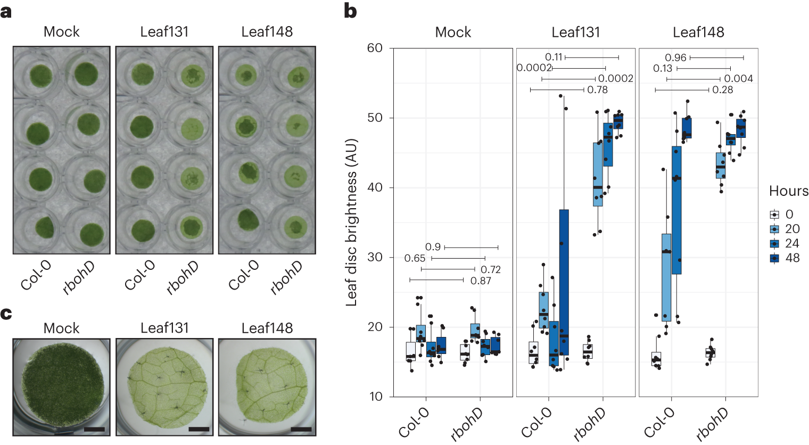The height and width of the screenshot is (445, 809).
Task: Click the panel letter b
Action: tap(350, 11)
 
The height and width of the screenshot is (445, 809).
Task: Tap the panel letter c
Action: tap(6, 314)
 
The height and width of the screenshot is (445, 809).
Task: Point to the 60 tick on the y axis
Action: tap(375, 48)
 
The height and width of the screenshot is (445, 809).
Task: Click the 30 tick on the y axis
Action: tap(375, 257)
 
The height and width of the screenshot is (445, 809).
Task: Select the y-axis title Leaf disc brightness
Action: tap(351, 222)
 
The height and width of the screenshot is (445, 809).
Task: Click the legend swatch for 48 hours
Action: tap(774, 258)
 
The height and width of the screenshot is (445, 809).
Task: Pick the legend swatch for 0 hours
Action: tap(774, 215)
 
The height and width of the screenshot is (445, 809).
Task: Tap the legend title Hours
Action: tap(788, 191)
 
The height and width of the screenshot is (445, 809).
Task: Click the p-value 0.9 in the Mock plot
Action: tap(433, 247)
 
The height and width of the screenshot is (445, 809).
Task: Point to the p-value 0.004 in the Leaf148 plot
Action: tap(738, 79)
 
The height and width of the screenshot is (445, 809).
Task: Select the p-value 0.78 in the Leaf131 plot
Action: tap(597, 90)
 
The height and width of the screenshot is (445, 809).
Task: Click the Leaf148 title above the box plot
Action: tap(698, 32)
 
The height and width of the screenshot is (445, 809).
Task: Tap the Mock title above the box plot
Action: tap(453, 32)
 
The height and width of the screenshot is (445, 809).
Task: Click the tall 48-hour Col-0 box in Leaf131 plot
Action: tap(564, 282)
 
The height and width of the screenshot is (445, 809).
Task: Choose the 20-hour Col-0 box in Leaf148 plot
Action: tap(666, 277)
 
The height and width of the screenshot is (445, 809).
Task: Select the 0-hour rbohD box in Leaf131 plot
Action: tap(588, 351)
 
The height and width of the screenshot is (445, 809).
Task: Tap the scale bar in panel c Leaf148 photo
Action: tap(301, 428)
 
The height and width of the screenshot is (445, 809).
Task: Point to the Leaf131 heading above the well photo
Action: tap(164, 32)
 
